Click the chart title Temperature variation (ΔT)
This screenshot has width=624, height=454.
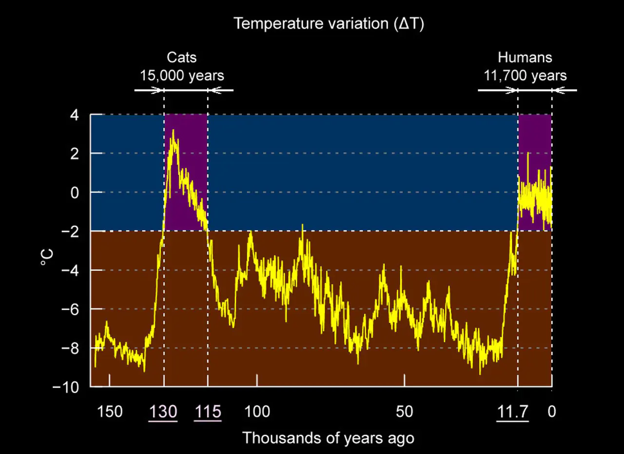[x=329, y=23]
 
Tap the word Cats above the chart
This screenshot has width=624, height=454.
[x=182, y=58]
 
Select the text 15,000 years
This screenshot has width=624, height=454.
[x=182, y=76]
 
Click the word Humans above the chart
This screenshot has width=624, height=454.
[x=525, y=58]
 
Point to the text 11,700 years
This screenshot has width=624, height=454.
[x=525, y=76]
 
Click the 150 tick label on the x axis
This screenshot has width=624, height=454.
[x=109, y=412]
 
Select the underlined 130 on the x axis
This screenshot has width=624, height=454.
[x=163, y=412]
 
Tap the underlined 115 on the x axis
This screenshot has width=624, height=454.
[x=208, y=412]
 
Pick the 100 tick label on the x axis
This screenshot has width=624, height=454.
[x=257, y=412]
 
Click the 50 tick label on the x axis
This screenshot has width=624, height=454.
[x=404, y=412]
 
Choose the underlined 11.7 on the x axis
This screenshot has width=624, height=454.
[x=512, y=412]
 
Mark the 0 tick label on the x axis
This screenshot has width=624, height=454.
[x=551, y=412]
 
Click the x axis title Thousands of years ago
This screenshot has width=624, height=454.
[x=328, y=437]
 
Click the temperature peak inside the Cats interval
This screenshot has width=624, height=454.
[x=173, y=131]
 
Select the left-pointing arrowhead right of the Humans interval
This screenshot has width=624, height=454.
[x=559, y=90]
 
